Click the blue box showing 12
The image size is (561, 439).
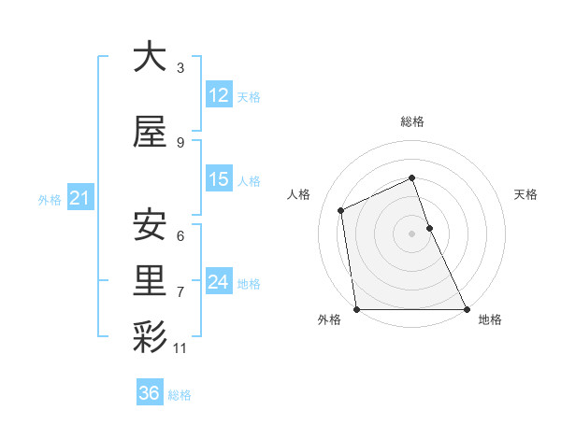pos(219,95)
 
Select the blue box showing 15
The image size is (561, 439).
pos(219,179)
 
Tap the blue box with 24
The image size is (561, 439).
pos(219,282)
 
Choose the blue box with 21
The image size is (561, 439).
pos(80,197)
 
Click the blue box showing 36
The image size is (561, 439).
pos(150,393)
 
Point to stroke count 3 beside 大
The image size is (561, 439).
pos(180,68)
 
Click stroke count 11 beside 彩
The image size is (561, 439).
pos(180,348)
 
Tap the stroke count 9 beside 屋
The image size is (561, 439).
pos(180,143)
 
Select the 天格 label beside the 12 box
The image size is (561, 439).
pos(248,96)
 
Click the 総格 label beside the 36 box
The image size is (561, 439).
pos(180,394)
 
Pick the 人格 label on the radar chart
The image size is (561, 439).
pos(299,194)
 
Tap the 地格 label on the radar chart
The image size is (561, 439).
pos(490,319)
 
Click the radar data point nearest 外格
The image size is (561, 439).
pos(356,309)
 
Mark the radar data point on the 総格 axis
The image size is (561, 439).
pos(411,178)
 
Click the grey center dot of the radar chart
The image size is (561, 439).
pos(411,234)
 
